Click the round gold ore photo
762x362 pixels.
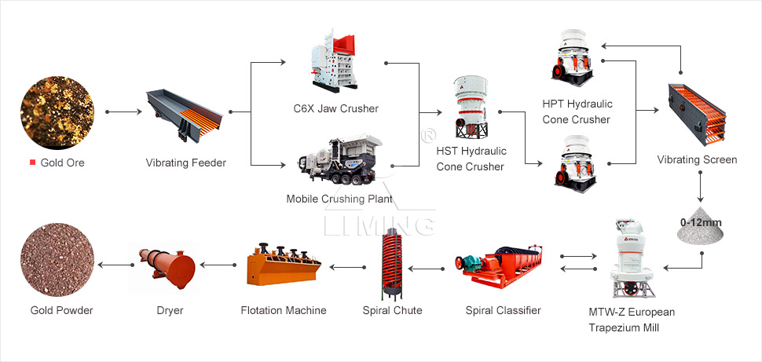pyautogui.click(x=57, y=113)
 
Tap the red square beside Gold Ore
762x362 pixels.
pyautogui.click(x=32, y=163)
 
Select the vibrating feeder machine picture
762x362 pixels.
pyautogui.click(x=185, y=115)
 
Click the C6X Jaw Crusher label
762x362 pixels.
pyautogui.click(x=335, y=108)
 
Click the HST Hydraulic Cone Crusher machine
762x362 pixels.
pyautogui.click(x=471, y=108)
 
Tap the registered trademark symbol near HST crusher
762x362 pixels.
pyautogui.click(x=428, y=134)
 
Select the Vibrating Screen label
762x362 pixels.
pyautogui.click(x=697, y=159)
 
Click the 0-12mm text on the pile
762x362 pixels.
pyautogui.click(x=701, y=222)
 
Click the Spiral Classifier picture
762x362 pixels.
pyautogui.click(x=499, y=267)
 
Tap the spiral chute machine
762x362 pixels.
pyautogui.click(x=393, y=265)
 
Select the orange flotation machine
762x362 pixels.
pyautogui.click(x=284, y=264)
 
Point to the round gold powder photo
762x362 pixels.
pyautogui.click(x=57, y=260)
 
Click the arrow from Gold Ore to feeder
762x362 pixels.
pyautogui.click(x=123, y=112)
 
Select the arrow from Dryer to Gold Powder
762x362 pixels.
pyautogui.click(x=115, y=265)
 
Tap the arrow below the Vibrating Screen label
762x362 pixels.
pyautogui.click(x=700, y=187)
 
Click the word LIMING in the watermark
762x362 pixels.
pyautogui.click(x=379, y=226)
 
